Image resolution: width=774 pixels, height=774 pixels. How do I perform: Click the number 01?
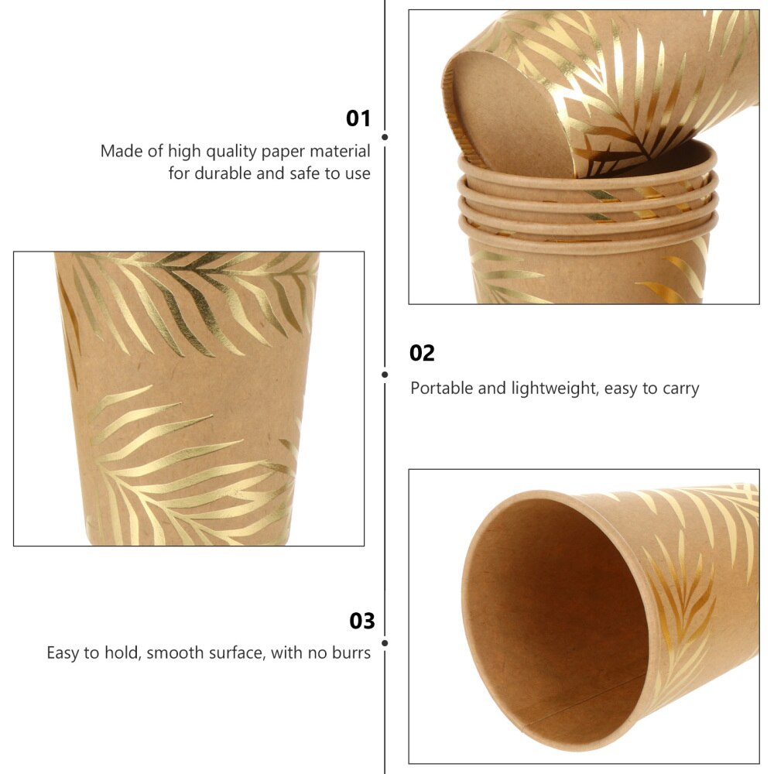point(358,118)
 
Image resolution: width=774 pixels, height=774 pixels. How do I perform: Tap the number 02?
point(422,353)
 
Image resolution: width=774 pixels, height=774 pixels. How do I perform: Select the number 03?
point(361,621)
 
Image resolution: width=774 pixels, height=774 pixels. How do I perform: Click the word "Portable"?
point(441,388)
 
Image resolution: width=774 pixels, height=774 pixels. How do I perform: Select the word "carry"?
point(680,389)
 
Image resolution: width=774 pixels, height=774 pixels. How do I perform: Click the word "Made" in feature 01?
point(120,151)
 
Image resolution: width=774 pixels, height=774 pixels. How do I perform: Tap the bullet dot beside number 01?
point(385,137)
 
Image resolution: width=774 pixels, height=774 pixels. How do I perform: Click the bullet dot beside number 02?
point(385,375)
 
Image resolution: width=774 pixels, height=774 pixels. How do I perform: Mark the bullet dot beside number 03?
point(385,642)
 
